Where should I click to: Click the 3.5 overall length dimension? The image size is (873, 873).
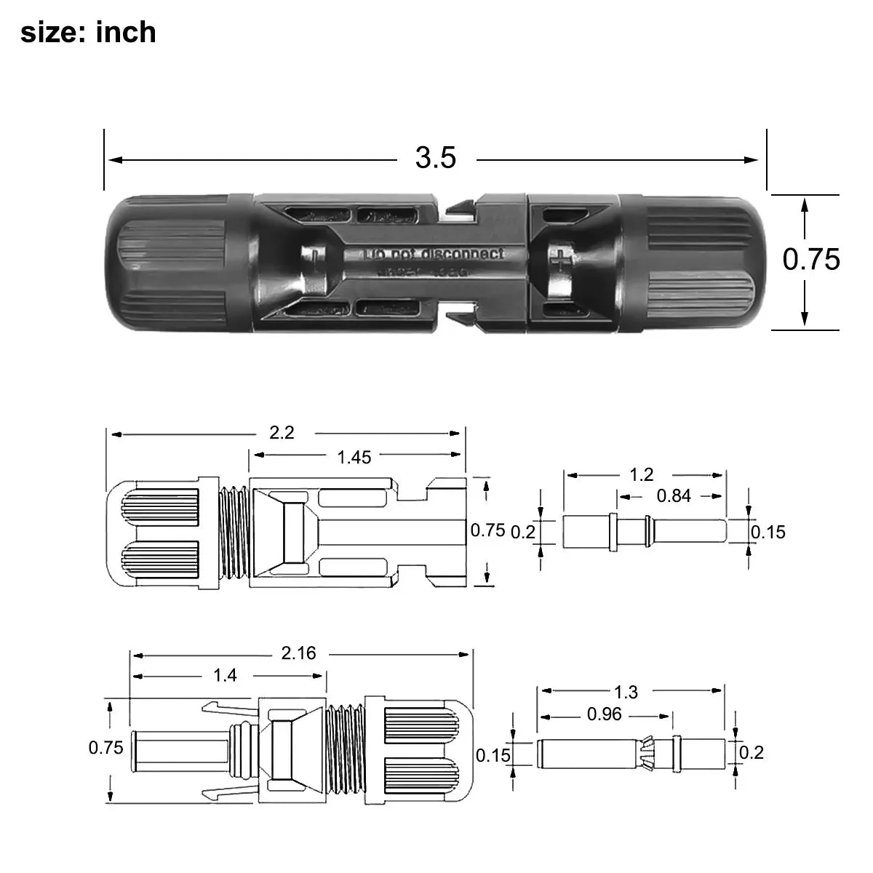click(x=435, y=158)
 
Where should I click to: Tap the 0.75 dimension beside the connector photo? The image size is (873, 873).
click(x=810, y=259)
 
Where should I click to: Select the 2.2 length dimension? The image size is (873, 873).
click(x=282, y=432)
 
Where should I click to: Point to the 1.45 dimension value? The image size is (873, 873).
click(x=354, y=457)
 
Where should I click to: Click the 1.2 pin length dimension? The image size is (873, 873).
click(x=641, y=475)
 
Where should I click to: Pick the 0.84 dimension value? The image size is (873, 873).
click(x=674, y=496)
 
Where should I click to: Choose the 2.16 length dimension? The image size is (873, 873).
click(x=298, y=653)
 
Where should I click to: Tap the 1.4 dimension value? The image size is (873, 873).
click(x=225, y=676)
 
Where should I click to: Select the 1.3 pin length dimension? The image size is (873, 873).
click(x=626, y=692)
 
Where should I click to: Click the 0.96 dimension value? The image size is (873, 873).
click(x=604, y=715)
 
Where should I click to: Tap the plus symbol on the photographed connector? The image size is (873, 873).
click(x=561, y=259)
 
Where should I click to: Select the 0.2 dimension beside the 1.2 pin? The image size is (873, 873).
click(x=522, y=532)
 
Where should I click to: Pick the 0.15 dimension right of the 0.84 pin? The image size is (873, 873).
click(x=768, y=533)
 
